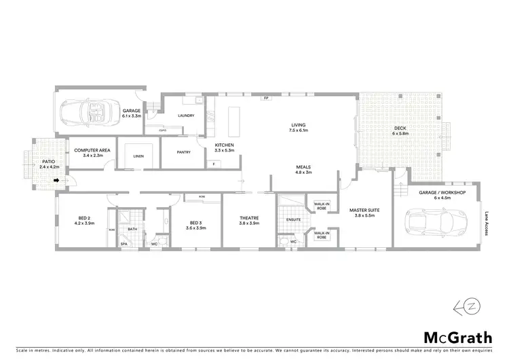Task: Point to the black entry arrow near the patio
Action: (x=58, y=181)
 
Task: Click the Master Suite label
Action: (x=364, y=211)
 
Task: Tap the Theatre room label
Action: (x=249, y=218)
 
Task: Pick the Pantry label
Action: (x=183, y=152)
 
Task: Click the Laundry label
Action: (x=186, y=115)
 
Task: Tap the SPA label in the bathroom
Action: (x=124, y=244)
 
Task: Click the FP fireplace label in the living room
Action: (x=266, y=98)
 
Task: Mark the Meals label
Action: (x=303, y=166)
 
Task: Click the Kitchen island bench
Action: (x=235, y=121)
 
